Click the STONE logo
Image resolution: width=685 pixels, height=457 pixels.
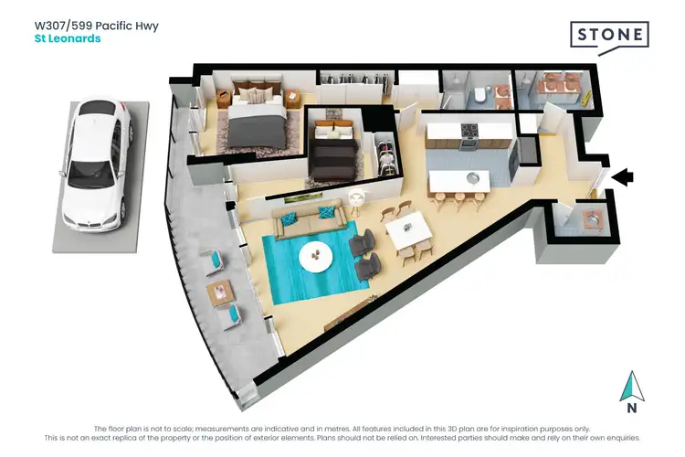[x=609, y=37]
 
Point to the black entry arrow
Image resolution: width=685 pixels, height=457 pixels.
[x=622, y=177]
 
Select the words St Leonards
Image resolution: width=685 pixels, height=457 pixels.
[x=67, y=39]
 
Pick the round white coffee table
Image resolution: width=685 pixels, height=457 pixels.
[x=316, y=256]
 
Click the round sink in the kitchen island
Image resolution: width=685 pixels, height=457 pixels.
[x=472, y=177]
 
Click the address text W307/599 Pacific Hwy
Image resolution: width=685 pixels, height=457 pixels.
[x=96, y=26]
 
